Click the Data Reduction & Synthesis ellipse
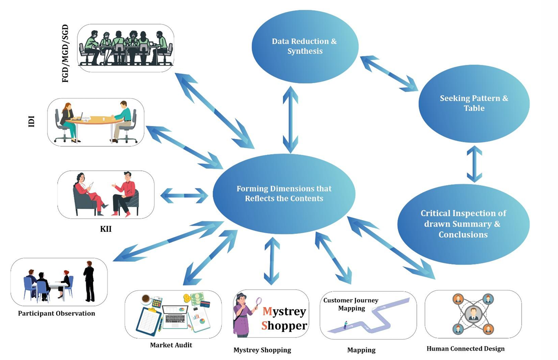click(304, 46)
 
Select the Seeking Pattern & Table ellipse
click(474, 103)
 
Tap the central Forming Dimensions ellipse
click(284, 194)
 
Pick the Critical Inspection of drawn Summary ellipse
click(463, 224)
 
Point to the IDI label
click(31, 121)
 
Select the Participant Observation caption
click(56, 313)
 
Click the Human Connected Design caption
click(465, 348)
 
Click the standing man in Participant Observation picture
click(89, 281)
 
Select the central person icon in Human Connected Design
click(473, 314)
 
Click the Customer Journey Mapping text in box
click(350, 304)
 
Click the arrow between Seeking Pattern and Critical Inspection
click(474, 164)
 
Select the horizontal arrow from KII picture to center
click(184, 195)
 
